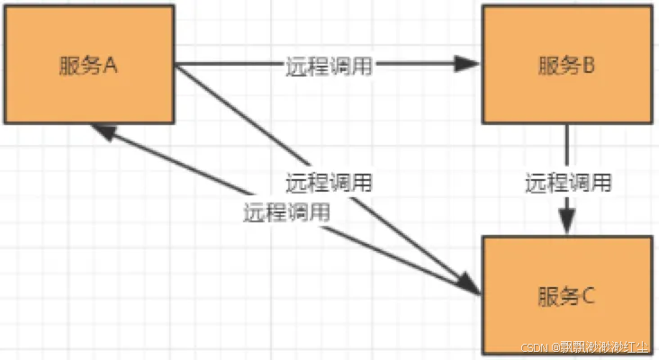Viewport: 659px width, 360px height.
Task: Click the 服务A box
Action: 87,65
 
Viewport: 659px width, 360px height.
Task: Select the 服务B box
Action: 564,65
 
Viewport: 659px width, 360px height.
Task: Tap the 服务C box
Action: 564,294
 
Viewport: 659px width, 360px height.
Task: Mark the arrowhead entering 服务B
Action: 469,64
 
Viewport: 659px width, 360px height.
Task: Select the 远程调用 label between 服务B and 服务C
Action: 568,183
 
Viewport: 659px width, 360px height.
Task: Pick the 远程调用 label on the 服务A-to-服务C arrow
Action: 329,182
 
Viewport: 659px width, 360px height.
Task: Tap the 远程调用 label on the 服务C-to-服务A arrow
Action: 285,213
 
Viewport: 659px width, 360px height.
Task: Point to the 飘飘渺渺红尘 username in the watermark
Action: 606,347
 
